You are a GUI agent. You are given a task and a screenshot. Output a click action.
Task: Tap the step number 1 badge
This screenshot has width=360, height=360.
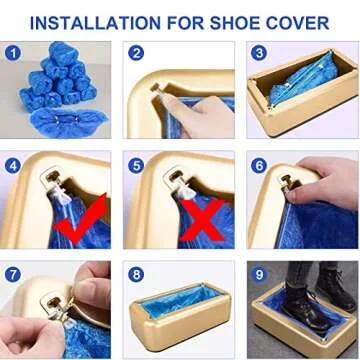(14, 53)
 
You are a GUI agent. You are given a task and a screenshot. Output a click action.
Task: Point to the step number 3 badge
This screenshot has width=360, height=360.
(259, 53)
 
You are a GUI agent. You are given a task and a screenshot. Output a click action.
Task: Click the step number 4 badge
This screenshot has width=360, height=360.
(14, 165)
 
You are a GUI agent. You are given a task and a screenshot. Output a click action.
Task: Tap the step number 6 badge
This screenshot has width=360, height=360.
(259, 165)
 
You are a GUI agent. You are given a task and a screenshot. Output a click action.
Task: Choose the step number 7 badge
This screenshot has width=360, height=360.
(14, 274)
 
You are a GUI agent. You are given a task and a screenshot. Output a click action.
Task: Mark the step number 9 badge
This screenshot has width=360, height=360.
(259, 274)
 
